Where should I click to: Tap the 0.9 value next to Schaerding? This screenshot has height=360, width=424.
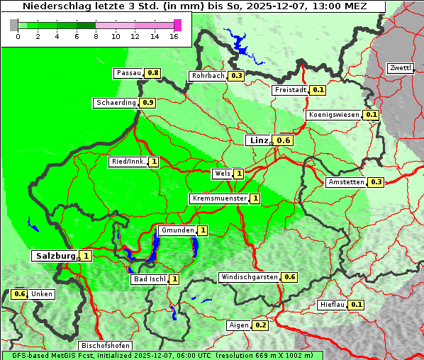[147, 103]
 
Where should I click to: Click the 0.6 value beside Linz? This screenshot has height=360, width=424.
[284, 141]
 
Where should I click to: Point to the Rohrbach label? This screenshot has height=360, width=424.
[207, 76]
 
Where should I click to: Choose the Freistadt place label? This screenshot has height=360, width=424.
[291, 90]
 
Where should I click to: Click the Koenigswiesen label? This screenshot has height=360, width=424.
[334, 115]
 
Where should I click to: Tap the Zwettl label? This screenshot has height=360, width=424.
[400, 68]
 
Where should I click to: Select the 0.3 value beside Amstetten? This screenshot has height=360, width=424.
[376, 182]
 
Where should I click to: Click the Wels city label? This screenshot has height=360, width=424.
[222, 174]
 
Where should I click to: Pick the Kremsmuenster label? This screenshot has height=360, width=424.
[219, 198]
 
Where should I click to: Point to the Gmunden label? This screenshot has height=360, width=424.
[177, 230]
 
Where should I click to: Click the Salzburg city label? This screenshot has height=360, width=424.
[55, 255]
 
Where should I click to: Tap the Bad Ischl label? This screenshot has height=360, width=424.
[149, 279]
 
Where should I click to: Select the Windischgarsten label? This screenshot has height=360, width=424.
[249, 277]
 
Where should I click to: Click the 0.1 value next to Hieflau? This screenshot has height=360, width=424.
[357, 305]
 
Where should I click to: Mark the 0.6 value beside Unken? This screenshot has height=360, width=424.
[20, 294]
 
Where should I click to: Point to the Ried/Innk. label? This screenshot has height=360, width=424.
[128, 162]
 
